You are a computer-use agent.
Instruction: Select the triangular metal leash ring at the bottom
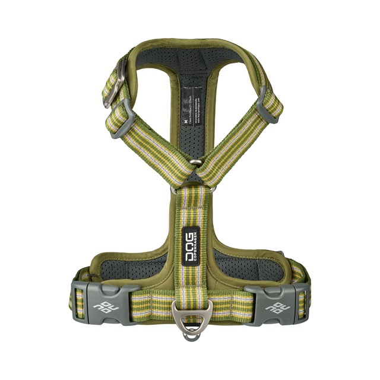point(190,314)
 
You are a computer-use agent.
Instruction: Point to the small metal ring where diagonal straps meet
point(195,161)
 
